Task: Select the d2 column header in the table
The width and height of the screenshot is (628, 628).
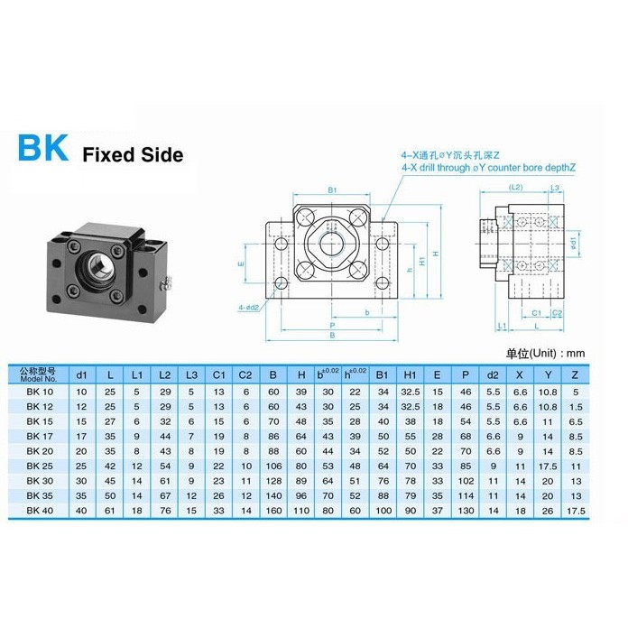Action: coord(493,374)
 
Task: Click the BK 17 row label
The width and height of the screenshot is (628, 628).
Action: coord(40,437)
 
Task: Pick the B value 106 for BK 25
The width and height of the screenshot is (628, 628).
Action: coord(272,464)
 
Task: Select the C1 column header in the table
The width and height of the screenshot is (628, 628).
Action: coord(218,374)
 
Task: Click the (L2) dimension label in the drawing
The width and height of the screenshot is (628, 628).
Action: coord(515,188)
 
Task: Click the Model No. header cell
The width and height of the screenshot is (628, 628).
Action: coord(40,374)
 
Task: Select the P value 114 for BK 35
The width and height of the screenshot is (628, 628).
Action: coord(466,494)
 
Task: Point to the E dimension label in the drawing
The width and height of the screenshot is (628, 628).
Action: coord(240,266)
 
